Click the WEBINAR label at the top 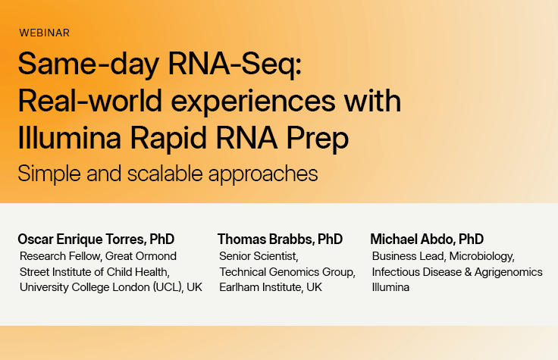[45, 33]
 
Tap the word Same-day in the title [89, 64]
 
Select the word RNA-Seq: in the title [235, 64]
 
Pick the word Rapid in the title [168, 138]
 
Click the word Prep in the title [318, 139]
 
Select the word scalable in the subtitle [165, 174]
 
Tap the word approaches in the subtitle [263, 174]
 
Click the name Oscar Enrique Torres [82, 239]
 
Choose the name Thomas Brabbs [265, 239]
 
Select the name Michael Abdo [412, 239]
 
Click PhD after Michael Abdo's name [471, 239]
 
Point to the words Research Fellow [60, 256]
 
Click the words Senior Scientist [259, 256]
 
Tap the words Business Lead [408, 256]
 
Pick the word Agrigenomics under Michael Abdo [509, 272]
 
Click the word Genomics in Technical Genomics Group [293, 272]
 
